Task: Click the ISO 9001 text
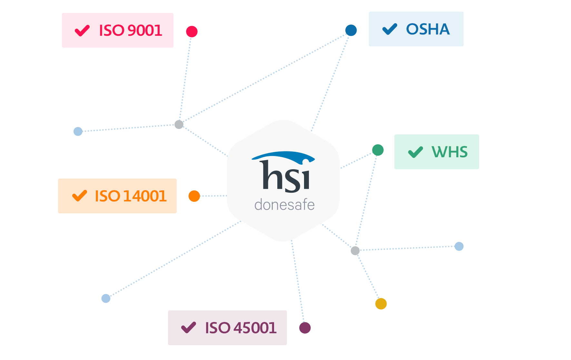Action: click(130, 31)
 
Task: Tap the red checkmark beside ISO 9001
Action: click(82, 31)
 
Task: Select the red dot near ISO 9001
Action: click(192, 32)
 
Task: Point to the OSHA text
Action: click(428, 29)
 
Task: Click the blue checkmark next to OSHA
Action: click(389, 29)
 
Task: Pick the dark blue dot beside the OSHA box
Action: click(351, 30)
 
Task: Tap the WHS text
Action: click(449, 152)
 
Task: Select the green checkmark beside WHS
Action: click(415, 152)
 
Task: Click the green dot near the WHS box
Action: click(378, 150)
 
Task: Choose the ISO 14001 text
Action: click(131, 196)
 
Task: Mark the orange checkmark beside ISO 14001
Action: click(80, 196)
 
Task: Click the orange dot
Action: click(194, 196)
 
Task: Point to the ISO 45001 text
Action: click(241, 328)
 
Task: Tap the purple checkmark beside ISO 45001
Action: click(189, 327)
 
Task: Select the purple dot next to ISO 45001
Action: click(305, 328)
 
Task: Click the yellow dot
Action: click(381, 304)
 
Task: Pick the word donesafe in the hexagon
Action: click(284, 205)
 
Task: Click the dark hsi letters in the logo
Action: click(286, 177)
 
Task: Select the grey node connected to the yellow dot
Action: click(355, 250)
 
